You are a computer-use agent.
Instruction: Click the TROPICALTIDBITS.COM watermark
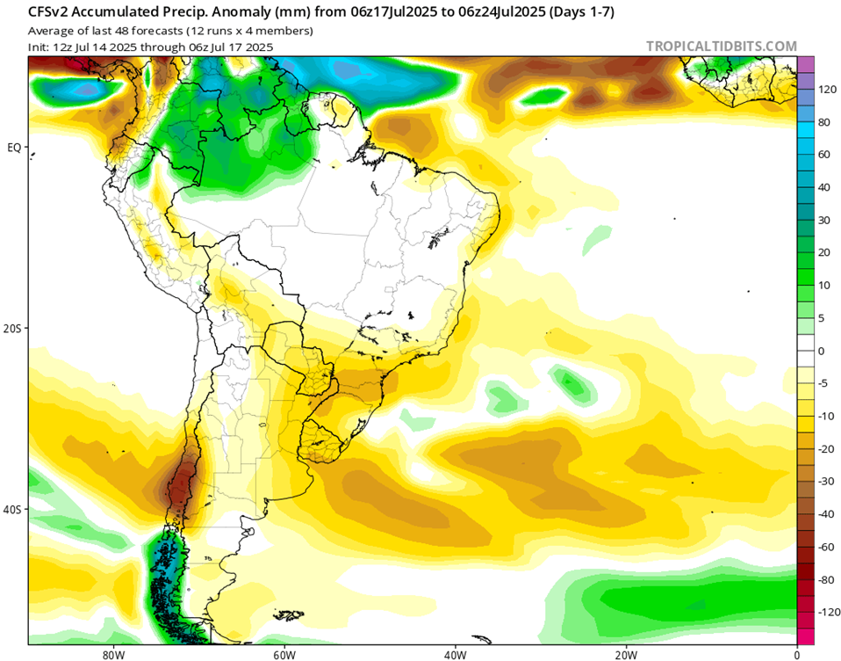tap(722, 47)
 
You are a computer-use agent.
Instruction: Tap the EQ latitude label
tap(14, 148)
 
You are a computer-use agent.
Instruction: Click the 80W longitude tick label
tap(111, 654)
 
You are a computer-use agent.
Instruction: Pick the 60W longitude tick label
tap(283, 654)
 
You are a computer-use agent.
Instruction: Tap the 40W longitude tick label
tap(454, 654)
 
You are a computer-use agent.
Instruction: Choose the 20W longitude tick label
tap(625, 654)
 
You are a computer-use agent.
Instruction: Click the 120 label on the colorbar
tap(827, 90)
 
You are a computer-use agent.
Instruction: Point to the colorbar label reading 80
tap(824, 122)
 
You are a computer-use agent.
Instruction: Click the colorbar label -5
tap(823, 383)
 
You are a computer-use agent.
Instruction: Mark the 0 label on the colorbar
tap(822, 351)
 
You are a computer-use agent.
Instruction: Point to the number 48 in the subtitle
tap(121, 31)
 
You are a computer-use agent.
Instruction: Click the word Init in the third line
tap(39, 47)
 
